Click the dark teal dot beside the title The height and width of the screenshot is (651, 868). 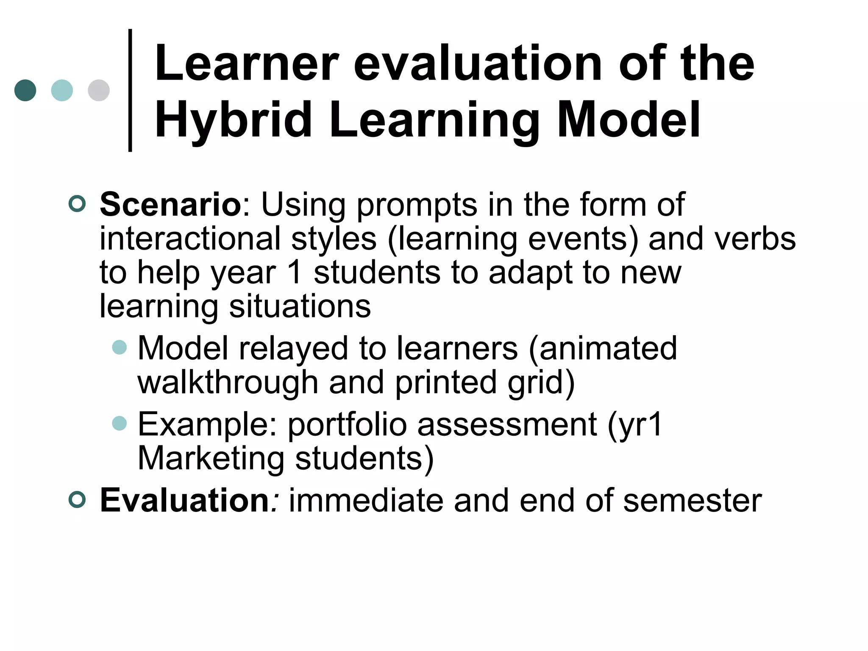click(25, 90)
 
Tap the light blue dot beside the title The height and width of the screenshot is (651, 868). click(62, 90)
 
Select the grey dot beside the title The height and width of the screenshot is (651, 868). click(99, 90)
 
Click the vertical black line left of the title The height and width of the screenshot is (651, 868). click(130, 90)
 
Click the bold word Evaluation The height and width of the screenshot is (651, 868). click(184, 501)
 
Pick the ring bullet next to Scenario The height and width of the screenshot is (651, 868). click(77, 204)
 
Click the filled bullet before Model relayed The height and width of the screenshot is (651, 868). click(120, 348)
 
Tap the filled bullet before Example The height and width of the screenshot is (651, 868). click(120, 423)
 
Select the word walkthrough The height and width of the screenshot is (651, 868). click(228, 382)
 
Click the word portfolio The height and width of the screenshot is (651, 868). click(347, 425)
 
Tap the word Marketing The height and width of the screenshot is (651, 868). click(211, 458)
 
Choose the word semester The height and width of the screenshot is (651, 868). click(692, 501)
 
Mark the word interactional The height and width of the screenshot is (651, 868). click(190, 239)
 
